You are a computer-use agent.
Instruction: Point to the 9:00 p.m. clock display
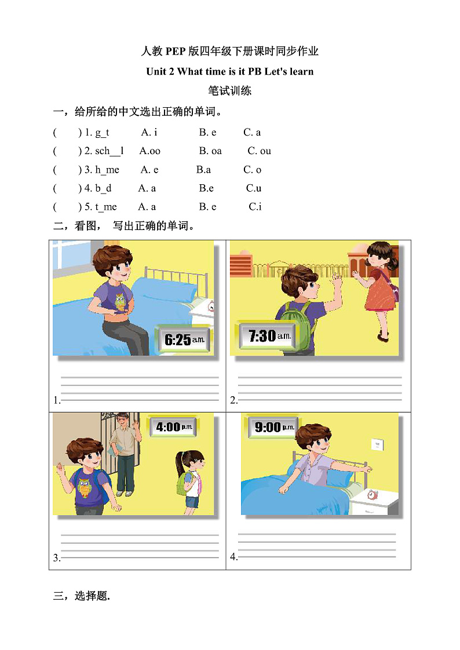click(275, 428)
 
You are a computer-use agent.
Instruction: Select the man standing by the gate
click(125, 452)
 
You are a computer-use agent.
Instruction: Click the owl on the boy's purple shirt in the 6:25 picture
click(120, 301)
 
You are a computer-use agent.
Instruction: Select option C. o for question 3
click(252, 170)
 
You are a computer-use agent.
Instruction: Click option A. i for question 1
click(149, 133)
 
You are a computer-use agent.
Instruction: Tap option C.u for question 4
click(254, 188)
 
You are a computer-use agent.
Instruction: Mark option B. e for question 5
click(207, 207)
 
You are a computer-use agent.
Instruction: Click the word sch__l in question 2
click(109, 151)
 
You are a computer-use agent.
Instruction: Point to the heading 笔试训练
click(229, 91)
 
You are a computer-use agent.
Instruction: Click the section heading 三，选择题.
click(81, 596)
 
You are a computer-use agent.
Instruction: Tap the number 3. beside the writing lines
click(57, 558)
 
